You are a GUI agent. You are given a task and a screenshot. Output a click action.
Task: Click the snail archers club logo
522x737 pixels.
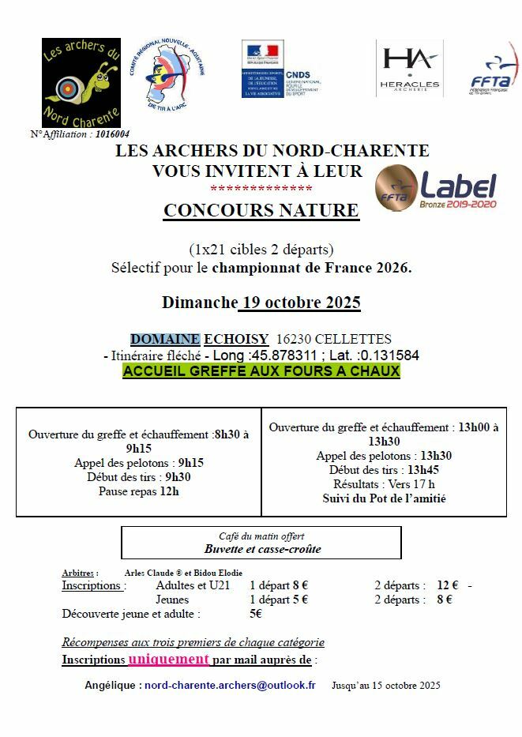coord(81,82)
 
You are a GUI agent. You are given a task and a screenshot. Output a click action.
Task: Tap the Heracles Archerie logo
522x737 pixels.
coord(408,69)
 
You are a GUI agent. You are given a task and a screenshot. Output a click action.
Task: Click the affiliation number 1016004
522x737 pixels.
coord(112,134)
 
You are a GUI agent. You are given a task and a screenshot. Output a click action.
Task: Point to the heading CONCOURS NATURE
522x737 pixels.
coord(261,210)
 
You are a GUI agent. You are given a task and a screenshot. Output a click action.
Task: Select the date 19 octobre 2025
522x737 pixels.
coord(299,303)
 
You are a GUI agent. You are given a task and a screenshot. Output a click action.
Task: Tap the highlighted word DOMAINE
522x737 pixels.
coord(165,339)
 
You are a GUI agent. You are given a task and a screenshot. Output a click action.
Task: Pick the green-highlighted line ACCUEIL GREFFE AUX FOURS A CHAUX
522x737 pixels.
coord(261,371)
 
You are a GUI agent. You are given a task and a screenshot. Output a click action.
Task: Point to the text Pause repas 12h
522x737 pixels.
coord(139,491)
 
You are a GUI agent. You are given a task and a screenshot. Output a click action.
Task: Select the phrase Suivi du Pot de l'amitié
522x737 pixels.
coord(384,498)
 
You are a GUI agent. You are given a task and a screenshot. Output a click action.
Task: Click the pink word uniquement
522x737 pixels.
coord(169,659)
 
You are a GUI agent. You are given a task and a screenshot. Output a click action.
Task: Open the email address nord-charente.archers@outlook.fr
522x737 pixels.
coord(230,686)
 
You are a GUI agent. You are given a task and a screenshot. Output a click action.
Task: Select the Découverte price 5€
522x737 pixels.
coord(256,614)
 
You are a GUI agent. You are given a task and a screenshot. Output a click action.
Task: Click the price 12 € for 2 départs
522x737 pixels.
coord(448,585)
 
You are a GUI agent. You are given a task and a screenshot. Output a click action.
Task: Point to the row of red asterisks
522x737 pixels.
coord(261,189)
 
